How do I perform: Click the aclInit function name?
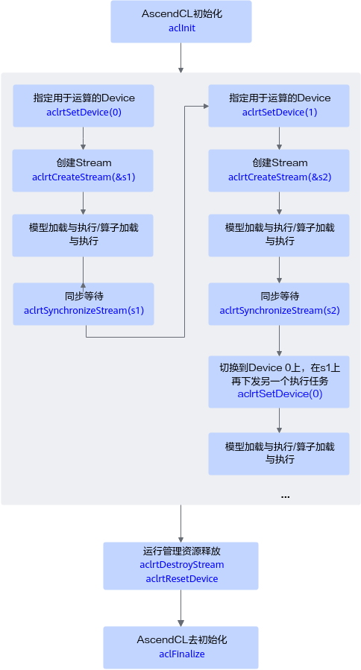click(182, 28)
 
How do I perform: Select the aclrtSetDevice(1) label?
click(280, 113)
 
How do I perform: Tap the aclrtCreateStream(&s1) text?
click(84, 177)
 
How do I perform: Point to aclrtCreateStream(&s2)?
click(280, 177)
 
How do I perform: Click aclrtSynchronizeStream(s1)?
click(84, 310)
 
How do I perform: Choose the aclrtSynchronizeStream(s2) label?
click(280, 310)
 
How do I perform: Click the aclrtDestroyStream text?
click(182, 565)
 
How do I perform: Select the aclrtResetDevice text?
click(182, 579)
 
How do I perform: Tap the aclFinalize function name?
click(182, 654)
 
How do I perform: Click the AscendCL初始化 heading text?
click(182, 13)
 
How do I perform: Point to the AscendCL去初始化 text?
click(182, 639)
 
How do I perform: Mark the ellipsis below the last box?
click(285, 497)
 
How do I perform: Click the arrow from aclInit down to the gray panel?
click(181, 57)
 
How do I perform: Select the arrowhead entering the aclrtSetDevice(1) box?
click(206, 106)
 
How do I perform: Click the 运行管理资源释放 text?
click(182, 551)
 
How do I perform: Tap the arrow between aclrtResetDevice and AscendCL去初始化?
click(181, 608)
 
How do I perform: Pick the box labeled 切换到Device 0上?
click(279, 382)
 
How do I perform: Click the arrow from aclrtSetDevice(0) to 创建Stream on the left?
click(83, 138)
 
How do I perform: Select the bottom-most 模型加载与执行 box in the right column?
click(279, 454)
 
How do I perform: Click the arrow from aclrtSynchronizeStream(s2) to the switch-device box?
click(279, 341)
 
